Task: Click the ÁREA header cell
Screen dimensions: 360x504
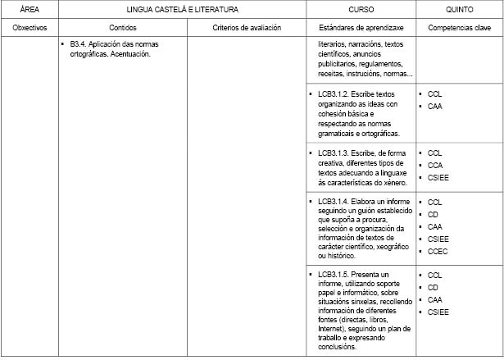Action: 30,10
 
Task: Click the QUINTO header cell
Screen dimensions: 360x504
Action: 459,10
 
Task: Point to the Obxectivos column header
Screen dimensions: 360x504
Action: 30,27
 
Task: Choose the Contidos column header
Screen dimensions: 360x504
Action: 123,27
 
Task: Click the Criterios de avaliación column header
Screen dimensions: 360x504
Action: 247,27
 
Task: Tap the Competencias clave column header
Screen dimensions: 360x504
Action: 459,27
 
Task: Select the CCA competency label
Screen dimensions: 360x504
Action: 435,165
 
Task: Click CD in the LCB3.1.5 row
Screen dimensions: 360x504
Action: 433,288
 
